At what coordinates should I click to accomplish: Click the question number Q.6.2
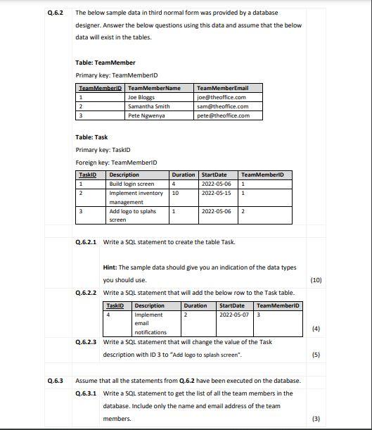[x=55, y=13]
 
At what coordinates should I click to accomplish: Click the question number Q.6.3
[x=55, y=381]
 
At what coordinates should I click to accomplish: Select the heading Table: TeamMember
[x=105, y=63]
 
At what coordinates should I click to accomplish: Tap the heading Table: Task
[x=91, y=137]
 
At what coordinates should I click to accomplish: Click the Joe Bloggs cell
[x=141, y=97]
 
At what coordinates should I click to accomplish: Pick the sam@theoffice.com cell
[x=222, y=106]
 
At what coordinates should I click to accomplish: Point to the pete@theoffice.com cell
[x=223, y=115]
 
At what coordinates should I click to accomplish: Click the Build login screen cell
[x=132, y=184]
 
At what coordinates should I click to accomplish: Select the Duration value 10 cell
[x=176, y=193]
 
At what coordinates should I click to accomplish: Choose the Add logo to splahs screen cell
[x=133, y=215]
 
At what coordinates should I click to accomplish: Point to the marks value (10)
[x=315, y=279]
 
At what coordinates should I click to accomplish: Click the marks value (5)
[x=316, y=355]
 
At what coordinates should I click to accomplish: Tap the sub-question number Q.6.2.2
[x=86, y=292]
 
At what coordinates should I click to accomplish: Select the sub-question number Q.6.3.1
[x=86, y=393]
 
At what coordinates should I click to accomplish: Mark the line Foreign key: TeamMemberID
[x=110, y=162]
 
